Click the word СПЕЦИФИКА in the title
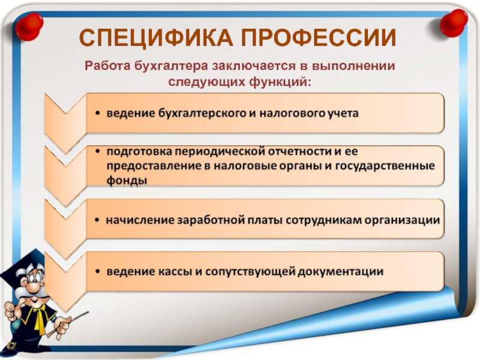pyautogui.click(x=157, y=38)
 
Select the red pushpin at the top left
pyautogui.click(x=29, y=26)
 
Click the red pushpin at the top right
pyautogui.click(x=454, y=22)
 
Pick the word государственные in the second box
pyautogui.click(x=385, y=166)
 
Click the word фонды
pyautogui.click(x=127, y=181)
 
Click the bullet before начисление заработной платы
pyautogui.click(x=97, y=221)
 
